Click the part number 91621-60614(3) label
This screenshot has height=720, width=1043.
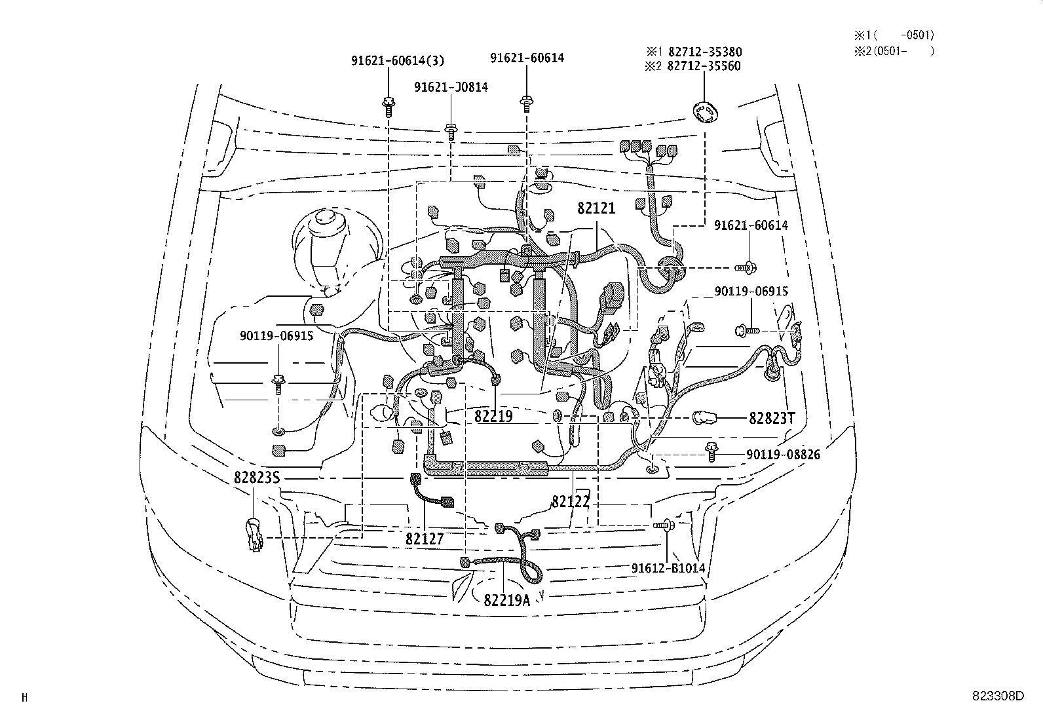(398, 60)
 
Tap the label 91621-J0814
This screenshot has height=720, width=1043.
(451, 86)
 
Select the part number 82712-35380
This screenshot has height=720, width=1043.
(704, 52)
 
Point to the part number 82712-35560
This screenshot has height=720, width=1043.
(704, 66)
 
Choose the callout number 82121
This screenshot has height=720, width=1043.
(596, 209)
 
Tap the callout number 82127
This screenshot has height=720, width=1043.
(425, 539)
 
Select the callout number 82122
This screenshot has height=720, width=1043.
(571, 501)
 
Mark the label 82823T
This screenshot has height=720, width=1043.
(772, 418)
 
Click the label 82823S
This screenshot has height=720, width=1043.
(257, 478)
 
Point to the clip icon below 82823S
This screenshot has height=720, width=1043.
(253, 535)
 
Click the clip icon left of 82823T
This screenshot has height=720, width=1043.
(706, 417)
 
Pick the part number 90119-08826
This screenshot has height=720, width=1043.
(782, 454)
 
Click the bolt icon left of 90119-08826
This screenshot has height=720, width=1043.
(711, 451)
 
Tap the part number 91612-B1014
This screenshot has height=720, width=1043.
(668, 568)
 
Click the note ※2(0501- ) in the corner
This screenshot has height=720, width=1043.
(894, 50)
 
